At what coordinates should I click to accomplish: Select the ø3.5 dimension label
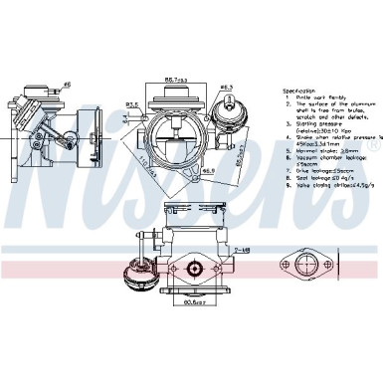tap(131, 102)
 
